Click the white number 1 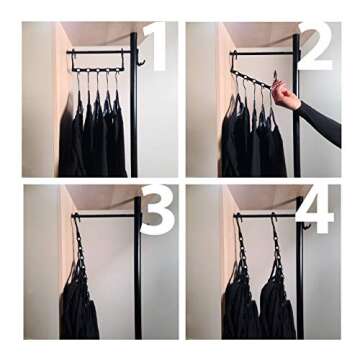(155, 47)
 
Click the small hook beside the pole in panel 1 (141, 60)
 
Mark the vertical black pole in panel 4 (298, 280)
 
